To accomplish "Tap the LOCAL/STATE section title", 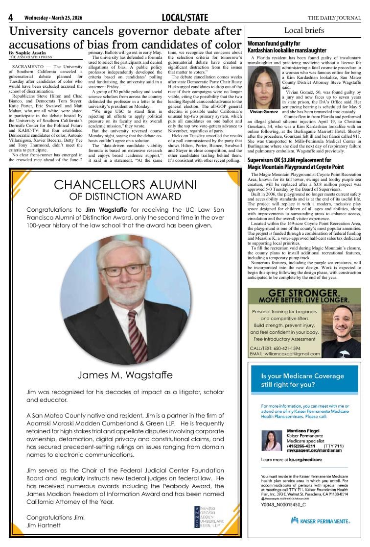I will coord(185,18).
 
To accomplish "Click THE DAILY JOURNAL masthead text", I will coord(334,18).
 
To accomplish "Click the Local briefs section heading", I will coord(304,30).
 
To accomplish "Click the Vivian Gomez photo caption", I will coord(264,112).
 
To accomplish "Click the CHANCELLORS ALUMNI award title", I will coord(125,185).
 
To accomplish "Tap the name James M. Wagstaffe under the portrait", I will coord(125,375).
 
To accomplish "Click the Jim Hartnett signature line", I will coord(44,525).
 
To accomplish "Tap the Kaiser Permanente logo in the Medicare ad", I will coord(320,521).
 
